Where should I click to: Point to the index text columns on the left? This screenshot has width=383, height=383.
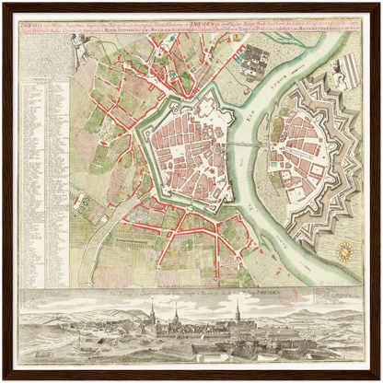(42, 166)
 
